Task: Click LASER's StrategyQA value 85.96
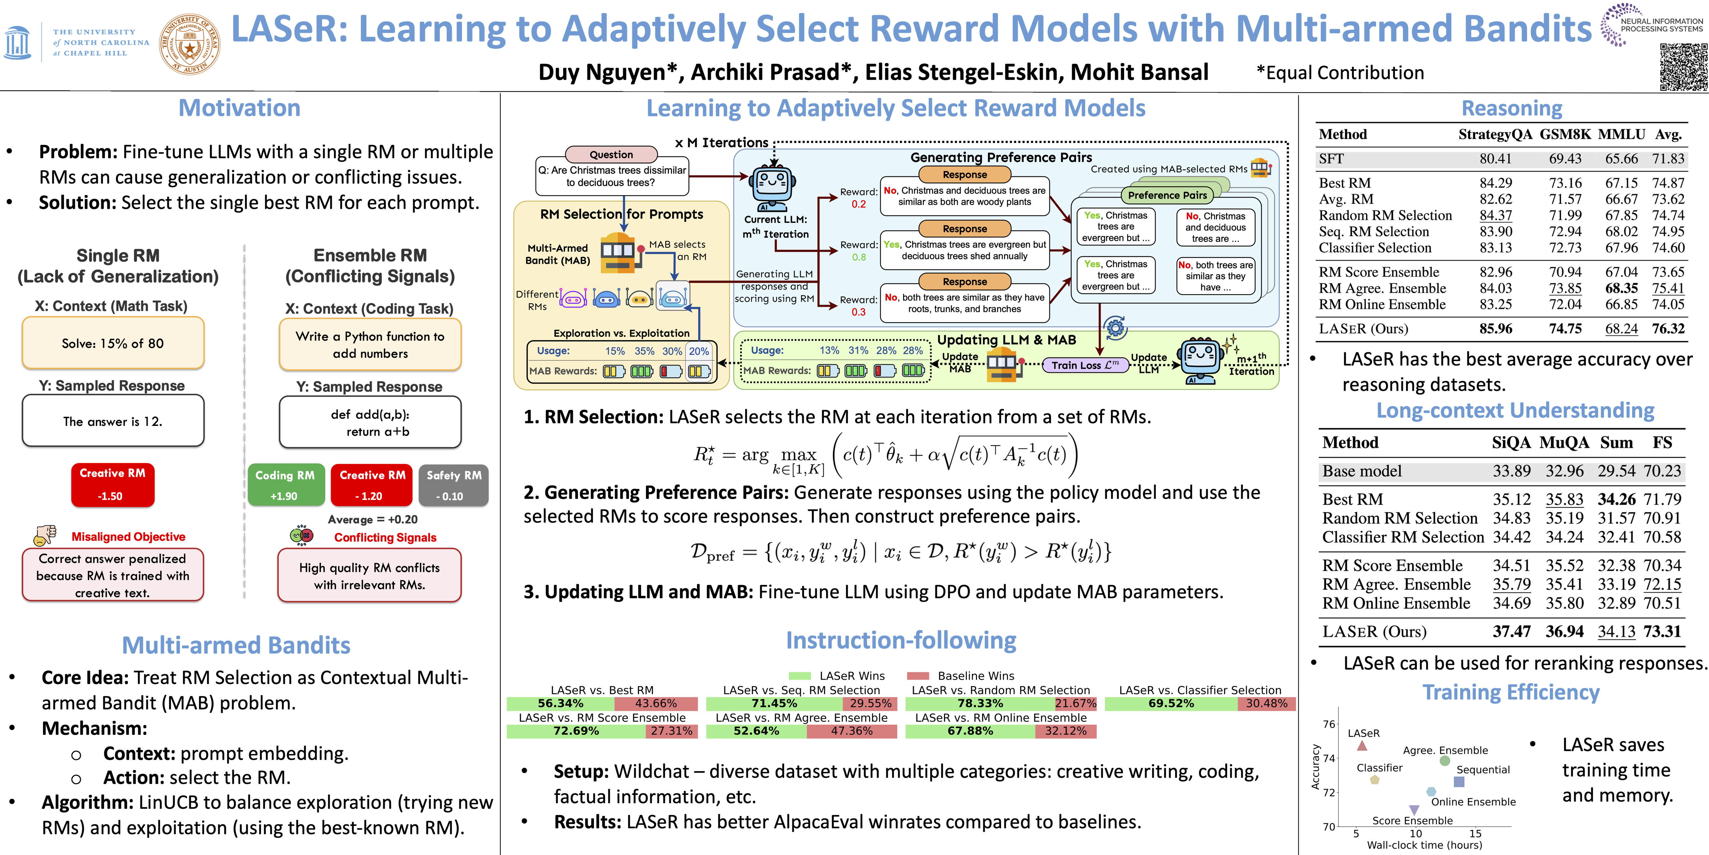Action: (1495, 329)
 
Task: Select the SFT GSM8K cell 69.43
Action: (1564, 159)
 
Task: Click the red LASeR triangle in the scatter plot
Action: (1362, 745)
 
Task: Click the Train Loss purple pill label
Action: (1085, 365)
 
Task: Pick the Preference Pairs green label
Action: (1167, 195)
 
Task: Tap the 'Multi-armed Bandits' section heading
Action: (236, 645)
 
